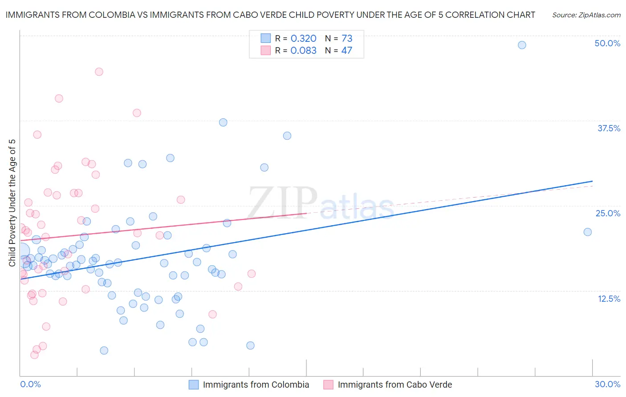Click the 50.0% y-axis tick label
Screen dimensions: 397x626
[x=607, y=43]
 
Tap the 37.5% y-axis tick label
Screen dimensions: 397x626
[x=609, y=128]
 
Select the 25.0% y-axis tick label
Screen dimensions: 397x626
[x=608, y=213]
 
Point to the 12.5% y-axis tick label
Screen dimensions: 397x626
[x=609, y=299]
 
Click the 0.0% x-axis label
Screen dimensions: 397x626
[x=30, y=384]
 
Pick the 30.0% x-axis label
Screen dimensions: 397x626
[x=607, y=384]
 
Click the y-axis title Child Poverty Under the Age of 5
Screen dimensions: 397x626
[x=12, y=203]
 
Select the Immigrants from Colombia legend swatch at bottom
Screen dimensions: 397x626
[x=194, y=385]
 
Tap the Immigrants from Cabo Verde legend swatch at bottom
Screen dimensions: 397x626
[x=328, y=385]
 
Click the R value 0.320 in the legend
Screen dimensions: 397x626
[x=303, y=38]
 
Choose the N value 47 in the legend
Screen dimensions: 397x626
[x=346, y=50]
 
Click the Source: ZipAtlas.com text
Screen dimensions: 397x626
[x=586, y=15]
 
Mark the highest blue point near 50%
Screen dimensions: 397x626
[x=522, y=45]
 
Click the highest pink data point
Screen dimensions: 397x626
[x=99, y=72]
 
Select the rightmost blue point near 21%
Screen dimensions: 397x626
[x=587, y=232]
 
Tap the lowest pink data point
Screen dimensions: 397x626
[x=34, y=355]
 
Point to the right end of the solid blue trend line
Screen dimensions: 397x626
[x=592, y=181]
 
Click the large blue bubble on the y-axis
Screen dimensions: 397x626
[x=21, y=251]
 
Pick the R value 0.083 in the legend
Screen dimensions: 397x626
[x=303, y=50]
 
